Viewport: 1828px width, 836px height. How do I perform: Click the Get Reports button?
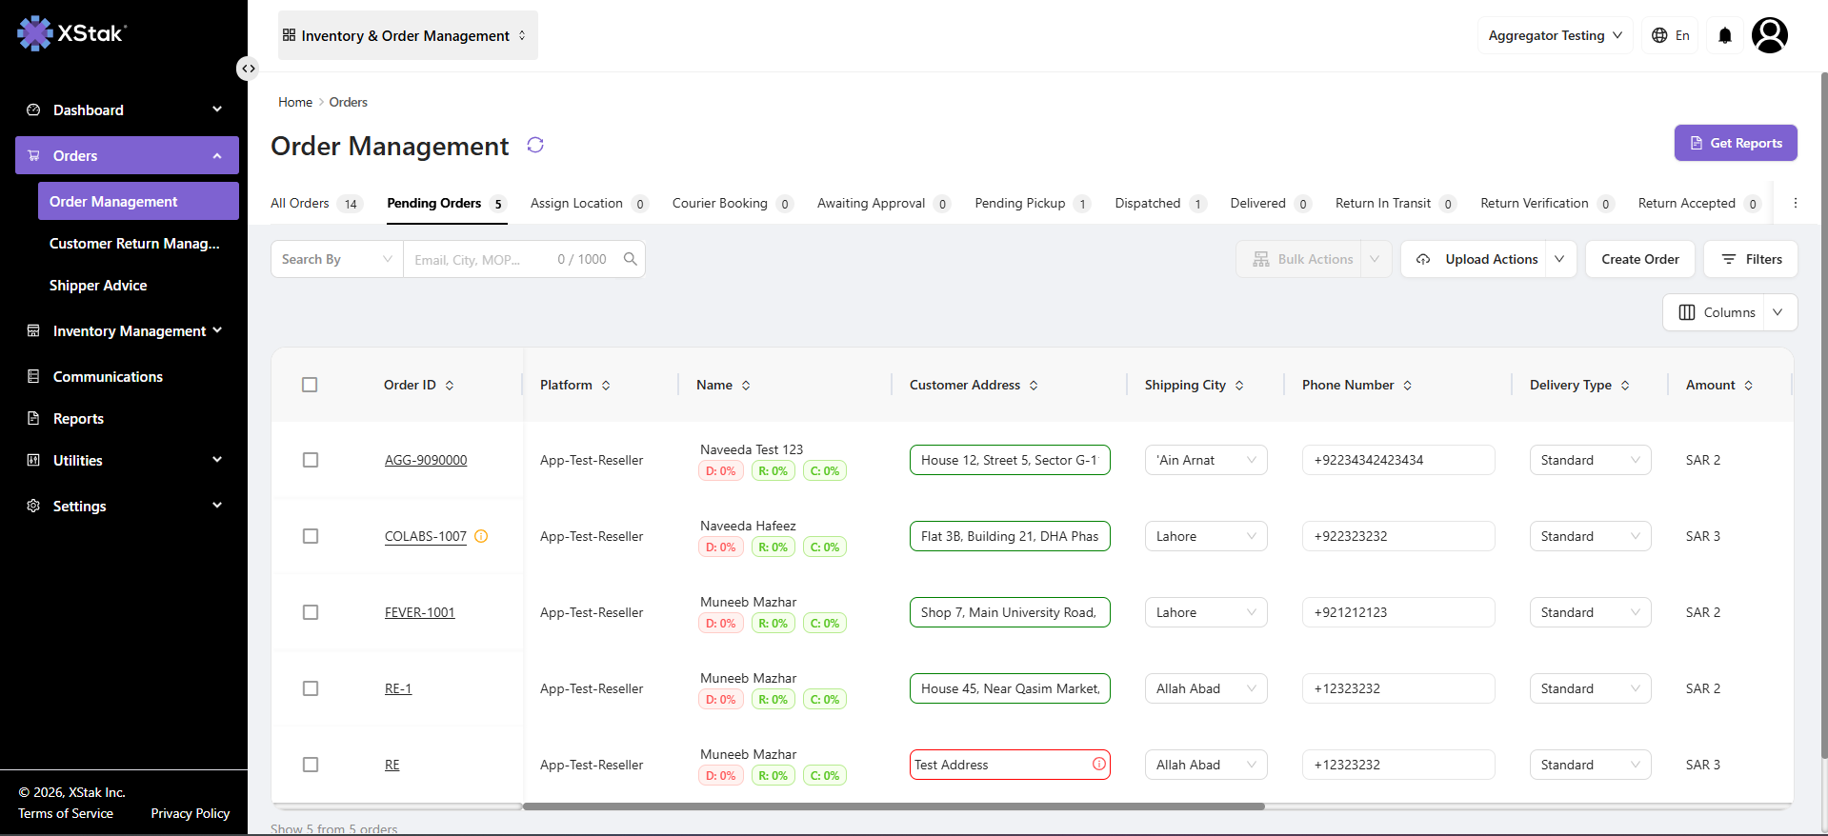tap(1736, 143)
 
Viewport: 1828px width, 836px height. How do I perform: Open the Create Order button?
tap(1639, 259)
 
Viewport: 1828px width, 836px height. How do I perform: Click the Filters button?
tap(1751, 259)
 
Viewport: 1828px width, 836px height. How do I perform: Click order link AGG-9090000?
tap(426, 460)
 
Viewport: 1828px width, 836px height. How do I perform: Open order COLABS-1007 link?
tap(426, 536)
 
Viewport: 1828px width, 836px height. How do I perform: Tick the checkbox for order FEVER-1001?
tap(311, 612)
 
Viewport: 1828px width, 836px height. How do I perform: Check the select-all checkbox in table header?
tap(310, 385)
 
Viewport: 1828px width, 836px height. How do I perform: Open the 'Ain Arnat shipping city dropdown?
tap(1206, 460)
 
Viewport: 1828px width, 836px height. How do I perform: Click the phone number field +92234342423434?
tap(1398, 460)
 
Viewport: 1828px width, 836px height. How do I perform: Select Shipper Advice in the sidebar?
tap(98, 286)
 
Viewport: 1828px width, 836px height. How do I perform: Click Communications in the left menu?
tap(108, 377)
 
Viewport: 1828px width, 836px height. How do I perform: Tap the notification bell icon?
tap(1725, 35)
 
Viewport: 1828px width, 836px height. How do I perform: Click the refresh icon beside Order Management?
tap(535, 145)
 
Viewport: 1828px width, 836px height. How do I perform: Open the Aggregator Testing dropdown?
tap(1556, 35)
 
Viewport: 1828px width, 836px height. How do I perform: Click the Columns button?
tap(1717, 312)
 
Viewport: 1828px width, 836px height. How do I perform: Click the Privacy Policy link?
tap(191, 813)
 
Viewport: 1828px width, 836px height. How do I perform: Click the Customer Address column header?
tap(965, 385)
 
